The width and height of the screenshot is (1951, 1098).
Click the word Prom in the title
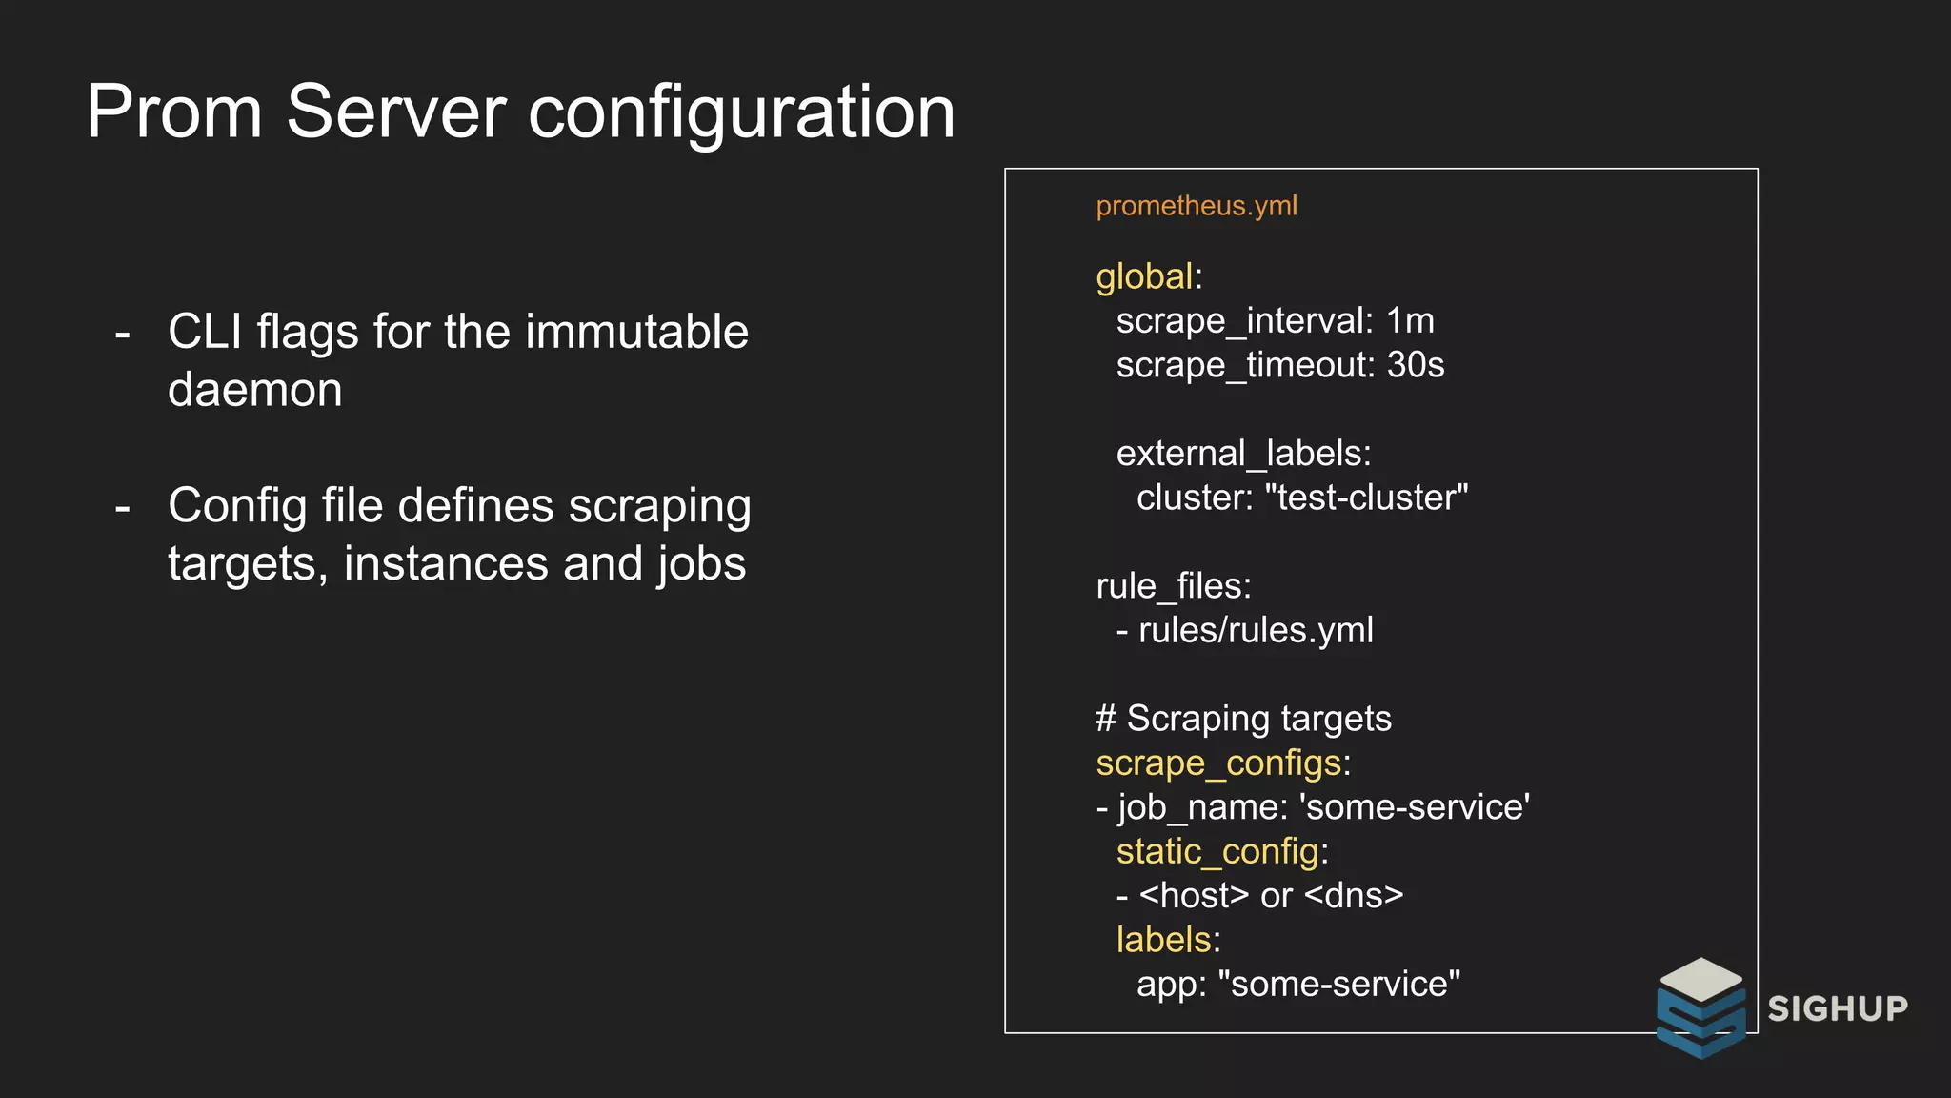click(173, 112)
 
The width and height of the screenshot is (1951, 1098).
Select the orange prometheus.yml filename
click(1197, 206)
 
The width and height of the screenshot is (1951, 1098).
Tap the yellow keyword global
click(1144, 276)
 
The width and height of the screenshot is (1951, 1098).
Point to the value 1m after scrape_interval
click(1410, 321)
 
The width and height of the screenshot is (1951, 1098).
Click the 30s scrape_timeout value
click(1416, 365)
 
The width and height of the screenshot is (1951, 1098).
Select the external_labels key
click(1242, 454)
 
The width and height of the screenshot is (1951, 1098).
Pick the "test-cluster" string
click(1366, 498)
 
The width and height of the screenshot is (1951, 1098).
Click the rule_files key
click(1172, 586)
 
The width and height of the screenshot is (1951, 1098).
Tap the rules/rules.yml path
click(1256, 630)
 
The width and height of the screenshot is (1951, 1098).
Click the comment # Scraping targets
click(1243, 719)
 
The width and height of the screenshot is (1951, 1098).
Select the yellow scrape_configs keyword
click(1218, 763)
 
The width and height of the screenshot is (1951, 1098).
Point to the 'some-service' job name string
click(1415, 807)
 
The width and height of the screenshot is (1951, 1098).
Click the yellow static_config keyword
click(1217, 851)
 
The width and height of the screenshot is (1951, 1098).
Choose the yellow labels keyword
click(1163, 940)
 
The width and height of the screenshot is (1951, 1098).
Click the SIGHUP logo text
click(1838, 1008)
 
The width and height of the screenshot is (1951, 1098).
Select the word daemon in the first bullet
click(254, 390)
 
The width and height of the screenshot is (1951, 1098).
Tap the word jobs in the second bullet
click(701, 563)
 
